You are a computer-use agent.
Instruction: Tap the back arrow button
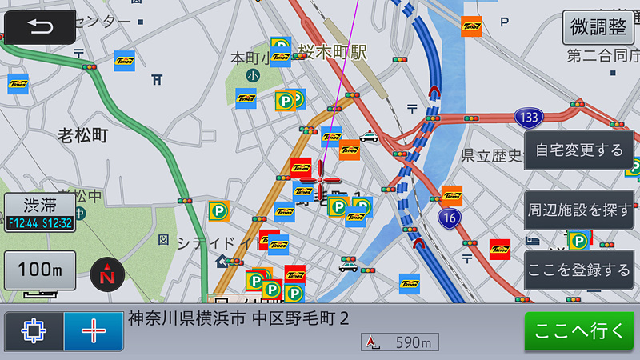pos(41,26)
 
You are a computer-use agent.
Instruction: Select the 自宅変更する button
pos(578,150)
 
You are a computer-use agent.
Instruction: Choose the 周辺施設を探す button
pos(578,210)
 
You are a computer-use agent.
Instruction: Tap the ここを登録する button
pos(578,270)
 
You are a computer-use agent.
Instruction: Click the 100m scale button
pos(40,270)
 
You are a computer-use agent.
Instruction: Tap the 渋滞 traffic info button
pos(40,212)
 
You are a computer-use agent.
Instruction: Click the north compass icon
pos(106,274)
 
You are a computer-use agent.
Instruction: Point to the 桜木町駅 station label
pos(333,52)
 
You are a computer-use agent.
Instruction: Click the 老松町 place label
pos(82,134)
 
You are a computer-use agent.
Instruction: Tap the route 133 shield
pos(527,118)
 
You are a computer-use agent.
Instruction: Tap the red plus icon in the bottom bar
pos(94,331)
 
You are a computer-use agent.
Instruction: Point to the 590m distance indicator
pos(400,342)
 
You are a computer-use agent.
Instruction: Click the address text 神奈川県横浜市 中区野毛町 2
pos(238,318)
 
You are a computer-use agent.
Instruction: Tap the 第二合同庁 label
pos(600,55)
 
